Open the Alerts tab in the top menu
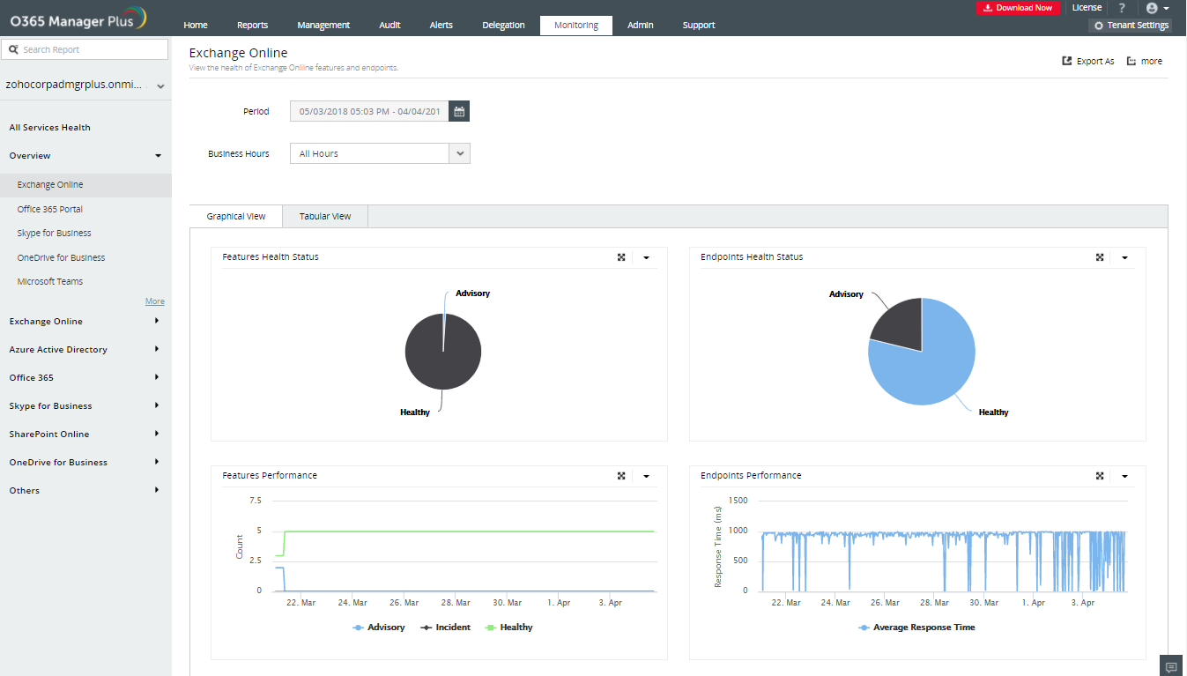coord(441,25)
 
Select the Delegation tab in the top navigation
coord(503,25)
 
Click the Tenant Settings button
coord(1131,26)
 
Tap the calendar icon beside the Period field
coord(459,111)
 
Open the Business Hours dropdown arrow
coord(459,153)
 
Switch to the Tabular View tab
coord(325,216)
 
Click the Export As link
coord(1088,62)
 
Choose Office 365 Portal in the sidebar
coord(50,209)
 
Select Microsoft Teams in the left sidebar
coord(50,281)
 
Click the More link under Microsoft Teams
coord(155,301)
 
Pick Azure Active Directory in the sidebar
coord(58,349)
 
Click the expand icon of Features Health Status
coord(621,257)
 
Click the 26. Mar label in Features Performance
coord(404,603)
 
